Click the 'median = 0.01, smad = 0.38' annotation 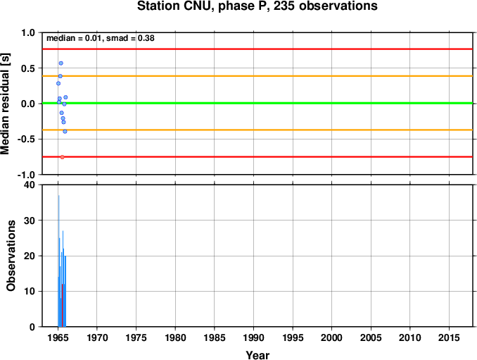tap(101, 38)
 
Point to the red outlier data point tap(63, 157)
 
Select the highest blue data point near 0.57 tap(61, 63)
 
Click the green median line tap(257, 104)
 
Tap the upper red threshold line tap(257, 49)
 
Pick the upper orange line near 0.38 tap(257, 76)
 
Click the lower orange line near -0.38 tap(257, 130)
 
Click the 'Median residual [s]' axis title tap(5, 104)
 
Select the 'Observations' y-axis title tap(11, 256)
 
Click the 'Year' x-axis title tap(257, 355)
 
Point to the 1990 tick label tap(254, 337)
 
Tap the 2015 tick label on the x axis tap(449, 337)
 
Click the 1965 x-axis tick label tap(58, 337)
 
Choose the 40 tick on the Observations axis tap(30, 185)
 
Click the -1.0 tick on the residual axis tap(26, 175)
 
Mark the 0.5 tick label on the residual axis tap(28, 68)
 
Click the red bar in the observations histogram tap(62, 305)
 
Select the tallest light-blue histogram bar tap(58, 261)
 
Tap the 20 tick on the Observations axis tap(30, 256)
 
